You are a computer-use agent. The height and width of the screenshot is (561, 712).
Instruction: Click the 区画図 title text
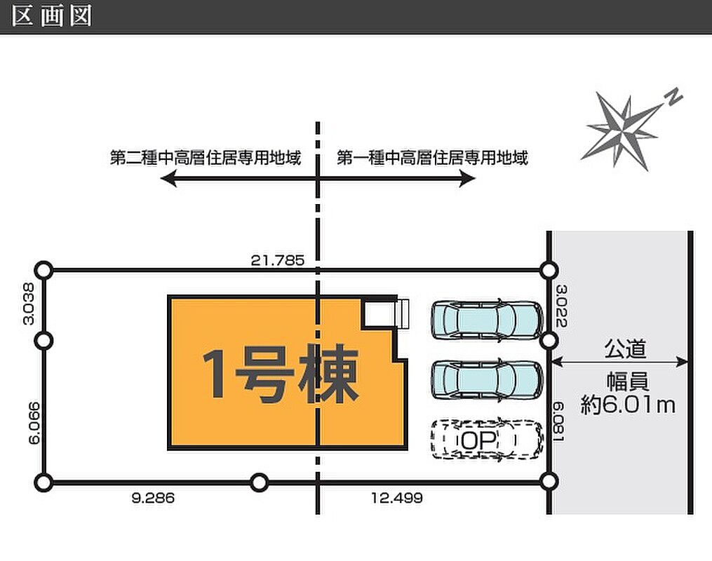(x=53, y=16)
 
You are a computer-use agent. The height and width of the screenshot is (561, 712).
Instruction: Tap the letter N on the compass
(x=674, y=97)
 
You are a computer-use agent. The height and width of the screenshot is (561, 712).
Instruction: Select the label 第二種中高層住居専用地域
(x=206, y=158)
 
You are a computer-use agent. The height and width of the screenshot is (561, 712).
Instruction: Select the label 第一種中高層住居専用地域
(x=432, y=158)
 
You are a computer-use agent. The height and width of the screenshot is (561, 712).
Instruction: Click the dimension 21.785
(x=278, y=260)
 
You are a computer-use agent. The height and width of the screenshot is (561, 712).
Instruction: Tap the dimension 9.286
(x=152, y=499)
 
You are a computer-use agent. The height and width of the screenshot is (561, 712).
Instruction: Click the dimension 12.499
(x=396, y=499)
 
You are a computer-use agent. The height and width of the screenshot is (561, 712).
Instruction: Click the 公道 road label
(x=625, y=348)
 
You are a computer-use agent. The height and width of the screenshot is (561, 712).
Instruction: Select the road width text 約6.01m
(x=628, y=405)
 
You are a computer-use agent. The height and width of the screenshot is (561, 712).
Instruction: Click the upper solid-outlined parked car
(x=486, y=319)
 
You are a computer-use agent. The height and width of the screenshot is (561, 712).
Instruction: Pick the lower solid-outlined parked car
(x=486, y=379)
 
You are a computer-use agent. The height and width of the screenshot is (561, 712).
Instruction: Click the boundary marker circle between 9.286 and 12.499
(x=260, y=482)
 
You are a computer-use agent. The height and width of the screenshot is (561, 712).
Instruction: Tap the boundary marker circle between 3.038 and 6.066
(x=44, y=341)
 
